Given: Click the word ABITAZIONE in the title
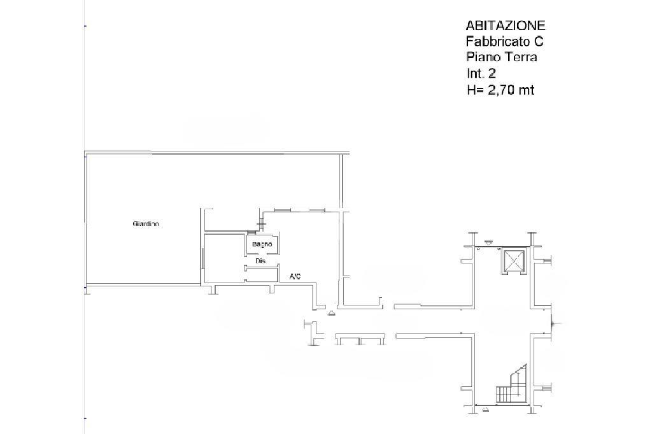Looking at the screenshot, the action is tap(505, 25).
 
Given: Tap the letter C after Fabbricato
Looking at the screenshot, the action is tap(539, 41).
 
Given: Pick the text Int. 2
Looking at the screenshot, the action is tap(481, 74).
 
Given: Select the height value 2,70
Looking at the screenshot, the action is tap(500, 90).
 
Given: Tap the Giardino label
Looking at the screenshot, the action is tap(146, 223).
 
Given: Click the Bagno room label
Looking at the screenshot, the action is tap(262, 244).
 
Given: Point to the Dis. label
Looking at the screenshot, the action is tap(260, 261).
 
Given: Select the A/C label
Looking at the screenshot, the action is tap(295, 276).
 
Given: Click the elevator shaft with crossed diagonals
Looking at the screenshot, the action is tap(514, 261).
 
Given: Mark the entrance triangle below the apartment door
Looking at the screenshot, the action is tap(332, 314).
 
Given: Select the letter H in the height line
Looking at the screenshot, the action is tap(471, 90).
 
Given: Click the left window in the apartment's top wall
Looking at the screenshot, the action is tap(282, 211).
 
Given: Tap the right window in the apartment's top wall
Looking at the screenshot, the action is tap(317, 211).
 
